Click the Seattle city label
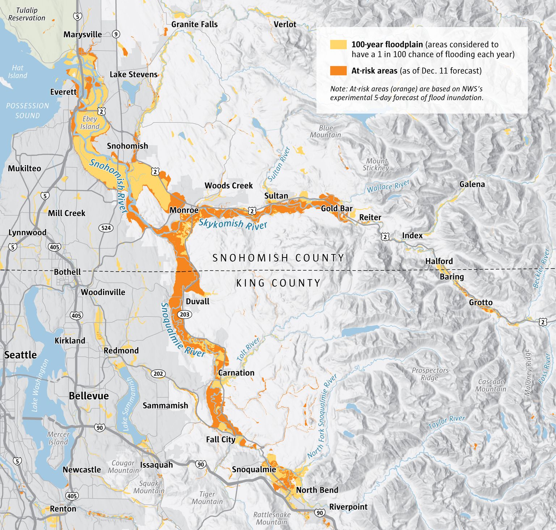click(x=20, y=355)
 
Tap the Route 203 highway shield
click(x=185, y=314)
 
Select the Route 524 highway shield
click(x=106, y=228)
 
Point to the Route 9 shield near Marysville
click(x=115, y=34)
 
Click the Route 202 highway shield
click(x=158, y=374)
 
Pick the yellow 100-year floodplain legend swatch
click(x=338, y=45)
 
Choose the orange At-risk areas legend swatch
click(x=338, y=71)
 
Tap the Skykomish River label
click(x=233, y=224)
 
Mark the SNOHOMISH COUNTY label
click(x=278, y=258)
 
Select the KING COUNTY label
click(x=278, y=283)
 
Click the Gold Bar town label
click(x=337, y=208)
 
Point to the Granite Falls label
click(x=194, y=25)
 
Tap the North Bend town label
click(x=317, y=490)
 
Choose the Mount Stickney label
click(x=376, y=164)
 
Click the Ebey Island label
click(x=89, y=123)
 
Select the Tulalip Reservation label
click(x=26, y=14)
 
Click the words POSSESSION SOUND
click(x=28, y=111)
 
